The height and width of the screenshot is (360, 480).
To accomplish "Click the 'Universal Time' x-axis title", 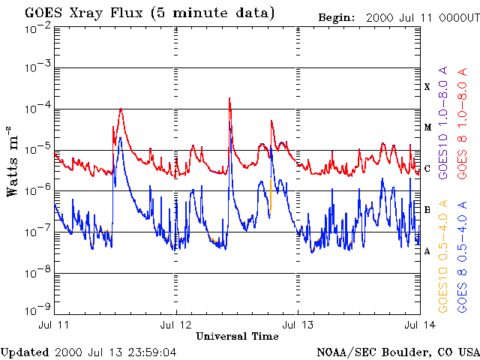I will click(237, 336).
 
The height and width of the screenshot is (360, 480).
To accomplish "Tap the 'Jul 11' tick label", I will click(54, 325).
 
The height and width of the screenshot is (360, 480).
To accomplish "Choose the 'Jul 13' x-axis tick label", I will click(298, 325).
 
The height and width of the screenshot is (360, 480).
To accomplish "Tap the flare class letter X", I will click(427, 87).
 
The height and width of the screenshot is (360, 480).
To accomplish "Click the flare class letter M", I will click(426, 127).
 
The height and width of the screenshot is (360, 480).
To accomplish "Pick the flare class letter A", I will click(427, 251).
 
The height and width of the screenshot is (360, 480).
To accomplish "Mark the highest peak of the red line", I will click(229, 98).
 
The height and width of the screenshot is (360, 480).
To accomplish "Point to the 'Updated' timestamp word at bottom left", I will click(25, 352).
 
